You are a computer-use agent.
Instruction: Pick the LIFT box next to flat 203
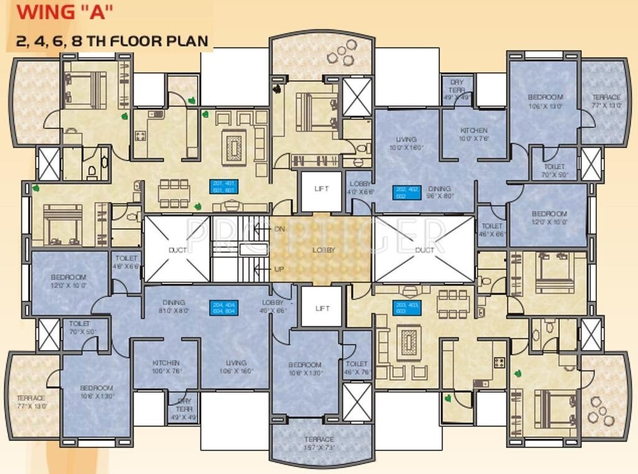coord(322,308)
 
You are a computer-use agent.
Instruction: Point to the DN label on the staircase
coord(279,229)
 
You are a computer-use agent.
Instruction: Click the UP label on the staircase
coord(279,269)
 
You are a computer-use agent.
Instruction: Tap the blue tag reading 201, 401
coord(224,187)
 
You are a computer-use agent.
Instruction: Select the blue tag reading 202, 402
coord(406,192)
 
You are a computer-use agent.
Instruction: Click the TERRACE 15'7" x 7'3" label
coord(319,443)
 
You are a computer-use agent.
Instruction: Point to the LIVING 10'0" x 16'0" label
coord(406,144)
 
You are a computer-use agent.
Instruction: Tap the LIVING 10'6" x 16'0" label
coord(236,367)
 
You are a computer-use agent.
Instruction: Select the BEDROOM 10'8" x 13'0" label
coord(305,369)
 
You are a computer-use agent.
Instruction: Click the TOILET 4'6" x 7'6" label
coord(357,367)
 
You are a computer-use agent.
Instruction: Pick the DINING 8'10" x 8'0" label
coord(174,306)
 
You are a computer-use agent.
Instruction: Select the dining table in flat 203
coord(451,303)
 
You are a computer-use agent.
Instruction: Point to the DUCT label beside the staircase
coord(177,250)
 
